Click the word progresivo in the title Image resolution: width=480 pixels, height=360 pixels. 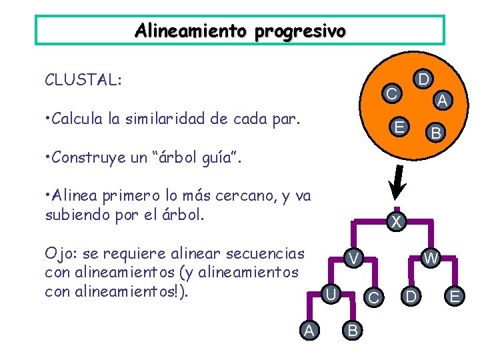point(301,31)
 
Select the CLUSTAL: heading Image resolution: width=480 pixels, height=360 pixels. point(83,80)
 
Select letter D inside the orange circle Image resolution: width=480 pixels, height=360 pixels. point(422,80)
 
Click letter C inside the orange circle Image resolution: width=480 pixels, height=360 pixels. point(393,94)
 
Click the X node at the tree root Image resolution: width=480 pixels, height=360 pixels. point(396,222)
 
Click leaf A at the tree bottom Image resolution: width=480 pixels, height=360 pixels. point(307,329)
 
